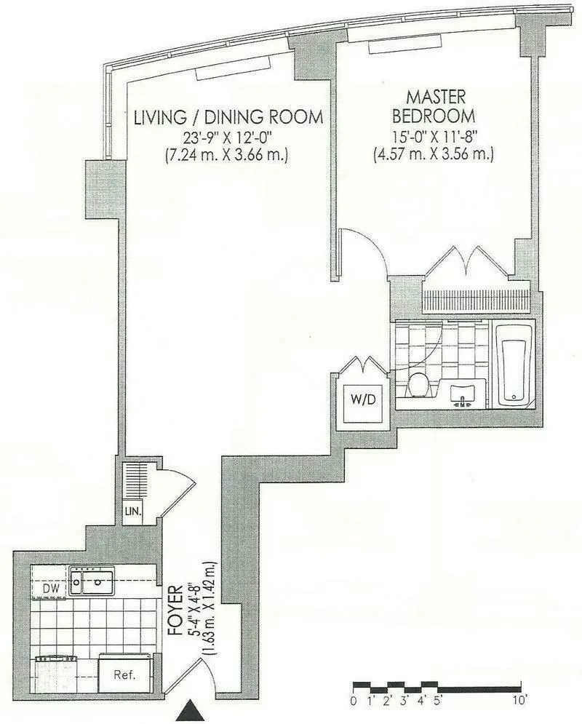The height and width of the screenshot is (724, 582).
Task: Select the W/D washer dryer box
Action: point(362,399)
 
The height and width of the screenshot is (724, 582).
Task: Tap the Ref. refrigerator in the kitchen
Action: point(125,675)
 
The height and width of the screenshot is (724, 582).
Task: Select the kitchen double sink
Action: point(92,581)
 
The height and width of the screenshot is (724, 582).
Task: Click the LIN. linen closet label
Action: point(132,511)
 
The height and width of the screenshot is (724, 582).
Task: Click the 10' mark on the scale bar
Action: point(519,702)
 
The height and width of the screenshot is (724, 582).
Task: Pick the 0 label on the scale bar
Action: point(353,702)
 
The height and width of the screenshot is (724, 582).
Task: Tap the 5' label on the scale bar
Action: point(439,702)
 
